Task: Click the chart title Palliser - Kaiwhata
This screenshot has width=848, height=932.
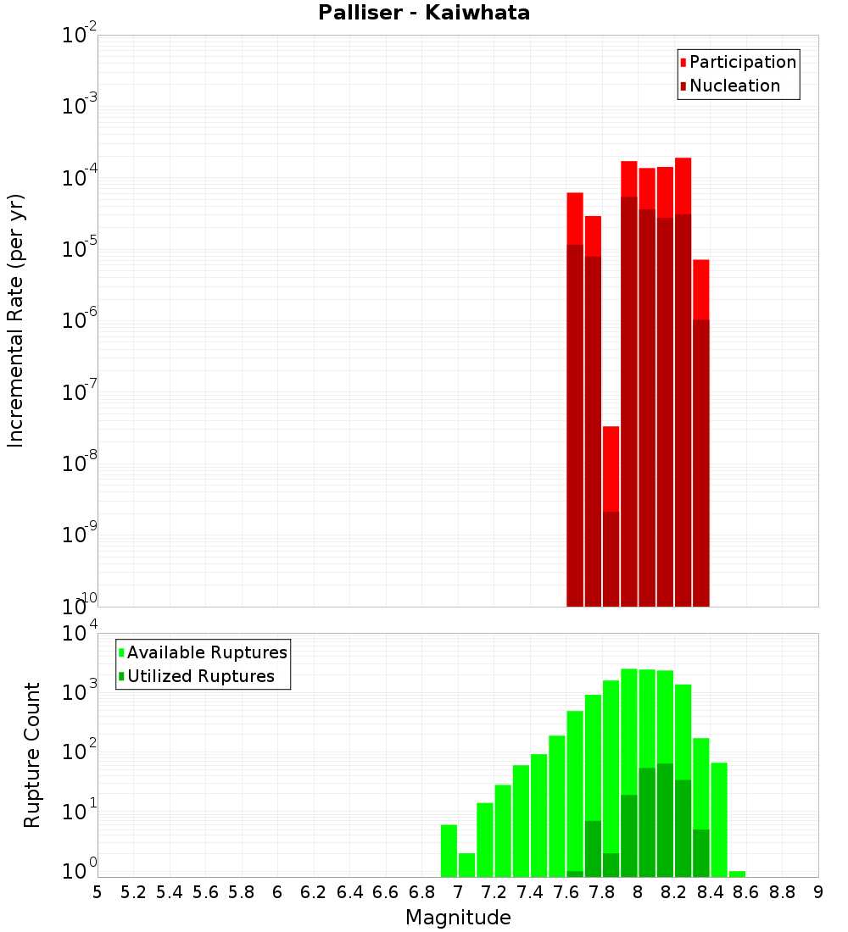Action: point(424,14)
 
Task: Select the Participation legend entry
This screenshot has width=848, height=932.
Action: point(742,62)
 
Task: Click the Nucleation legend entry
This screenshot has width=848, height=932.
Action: point(734,86)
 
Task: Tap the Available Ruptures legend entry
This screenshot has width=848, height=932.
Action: point(206,652)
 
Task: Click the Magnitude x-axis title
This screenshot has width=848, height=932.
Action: point(458,918)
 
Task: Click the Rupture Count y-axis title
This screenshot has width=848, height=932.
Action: point(32,755)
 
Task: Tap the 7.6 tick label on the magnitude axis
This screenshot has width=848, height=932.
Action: point(566,892)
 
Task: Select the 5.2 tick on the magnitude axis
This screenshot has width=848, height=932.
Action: point(134,892)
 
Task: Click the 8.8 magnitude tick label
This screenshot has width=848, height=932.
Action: point(783,892)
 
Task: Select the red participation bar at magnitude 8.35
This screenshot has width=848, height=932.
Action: point(700,288)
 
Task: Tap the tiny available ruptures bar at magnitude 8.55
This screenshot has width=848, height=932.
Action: point(737,874)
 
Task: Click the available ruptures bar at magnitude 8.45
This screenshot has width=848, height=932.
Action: point(719,818)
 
